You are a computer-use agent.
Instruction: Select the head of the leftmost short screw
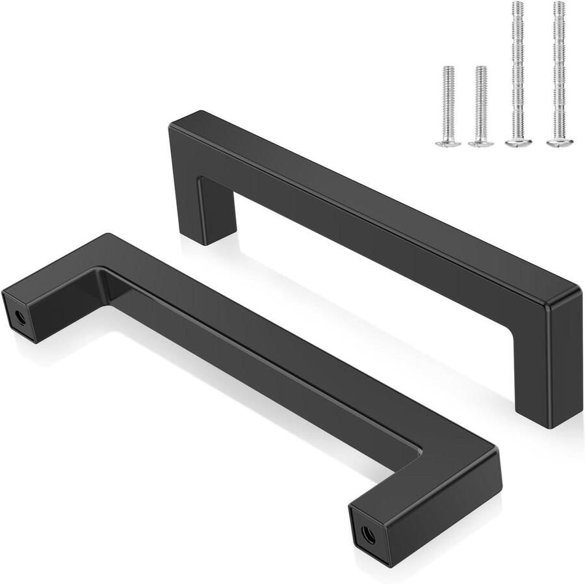(x=448, y=142)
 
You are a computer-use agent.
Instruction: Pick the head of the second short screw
(x=481, y=142)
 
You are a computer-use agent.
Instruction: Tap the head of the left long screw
(x=518, y=140)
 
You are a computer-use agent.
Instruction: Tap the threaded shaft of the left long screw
(x=517, y=72)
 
